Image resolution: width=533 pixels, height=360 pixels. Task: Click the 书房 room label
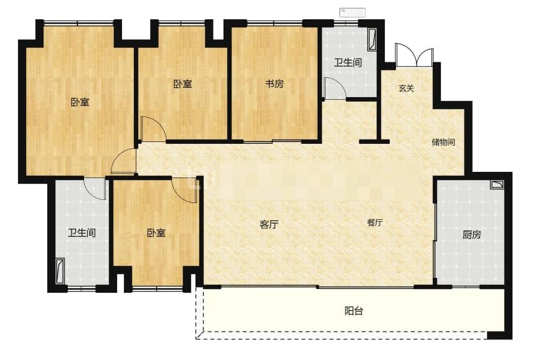tap(275, 83)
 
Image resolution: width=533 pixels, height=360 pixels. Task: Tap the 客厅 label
tap(269, 224)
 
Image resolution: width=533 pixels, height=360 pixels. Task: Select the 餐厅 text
tap(375, 222)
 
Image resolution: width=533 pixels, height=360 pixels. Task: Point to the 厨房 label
tap(471, 235)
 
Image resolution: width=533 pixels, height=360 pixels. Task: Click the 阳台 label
tap(354, 311)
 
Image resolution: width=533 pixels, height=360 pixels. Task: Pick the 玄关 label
tap(406, 88)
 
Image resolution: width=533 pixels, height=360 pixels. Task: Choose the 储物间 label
tap(443, 142)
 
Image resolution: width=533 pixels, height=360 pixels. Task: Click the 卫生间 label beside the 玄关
tap(347, 62)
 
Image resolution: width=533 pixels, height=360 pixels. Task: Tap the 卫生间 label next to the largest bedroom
tap(82, 233)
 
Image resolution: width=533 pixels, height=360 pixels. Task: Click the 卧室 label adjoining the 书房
tap(183, 84)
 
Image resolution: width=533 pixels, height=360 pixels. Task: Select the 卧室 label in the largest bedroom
tap(80, 102)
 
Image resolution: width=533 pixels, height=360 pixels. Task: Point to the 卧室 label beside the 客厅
tap(156, 233)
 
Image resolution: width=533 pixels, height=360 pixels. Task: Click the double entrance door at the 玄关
tap(414, 55)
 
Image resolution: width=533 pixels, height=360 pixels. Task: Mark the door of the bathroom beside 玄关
tap(335, 88)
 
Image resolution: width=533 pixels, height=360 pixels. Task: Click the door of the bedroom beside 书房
tap(153, 129)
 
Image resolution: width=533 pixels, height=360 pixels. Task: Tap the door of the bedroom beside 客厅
tap(184, 190)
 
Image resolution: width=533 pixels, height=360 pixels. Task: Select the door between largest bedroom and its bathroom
tap(95, 189)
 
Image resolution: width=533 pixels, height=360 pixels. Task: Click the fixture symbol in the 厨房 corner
tap(497, 184)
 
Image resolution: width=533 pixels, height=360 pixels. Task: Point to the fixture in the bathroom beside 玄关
tap(372, 40)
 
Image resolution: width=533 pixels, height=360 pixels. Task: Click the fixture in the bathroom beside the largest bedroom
tap(60, 271)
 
